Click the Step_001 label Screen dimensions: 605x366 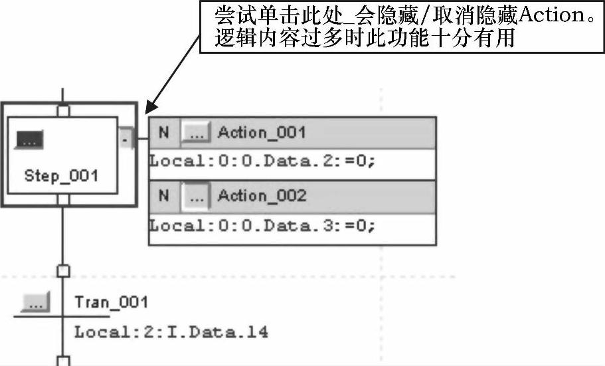click(61, 176)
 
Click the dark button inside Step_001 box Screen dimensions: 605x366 click(29, 140)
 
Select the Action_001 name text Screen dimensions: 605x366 click(262, 133)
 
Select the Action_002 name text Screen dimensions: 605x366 click(262, 197)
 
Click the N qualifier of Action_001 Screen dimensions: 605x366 click(164, 133)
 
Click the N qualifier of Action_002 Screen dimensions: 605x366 click(164, 197)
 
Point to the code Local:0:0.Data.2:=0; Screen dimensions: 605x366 click(262, 161)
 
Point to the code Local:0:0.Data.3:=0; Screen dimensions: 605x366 click(262, 225)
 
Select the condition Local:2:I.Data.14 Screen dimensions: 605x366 click(171, 331)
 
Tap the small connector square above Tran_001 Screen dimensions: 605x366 click(63, 270)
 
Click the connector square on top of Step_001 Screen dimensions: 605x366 click(63, 111)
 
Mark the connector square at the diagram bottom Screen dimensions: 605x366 click(63, 361)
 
